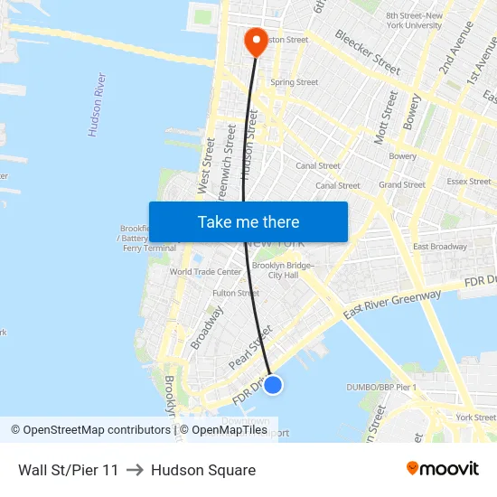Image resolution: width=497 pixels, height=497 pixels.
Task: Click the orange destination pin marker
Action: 255,38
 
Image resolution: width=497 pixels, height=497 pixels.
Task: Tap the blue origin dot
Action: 273,385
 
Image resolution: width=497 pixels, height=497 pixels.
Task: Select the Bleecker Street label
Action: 367,52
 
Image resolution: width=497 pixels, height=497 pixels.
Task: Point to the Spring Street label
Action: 294,82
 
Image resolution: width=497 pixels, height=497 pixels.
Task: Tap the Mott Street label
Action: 385,116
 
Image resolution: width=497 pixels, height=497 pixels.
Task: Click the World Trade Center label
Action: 206,271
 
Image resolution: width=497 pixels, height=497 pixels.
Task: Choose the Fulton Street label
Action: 236,293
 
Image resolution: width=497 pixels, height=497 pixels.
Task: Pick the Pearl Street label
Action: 250,347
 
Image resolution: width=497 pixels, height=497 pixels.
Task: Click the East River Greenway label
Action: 391,305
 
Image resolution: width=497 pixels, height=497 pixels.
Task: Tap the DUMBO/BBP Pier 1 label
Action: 381,387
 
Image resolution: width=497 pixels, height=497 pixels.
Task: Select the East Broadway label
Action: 439,247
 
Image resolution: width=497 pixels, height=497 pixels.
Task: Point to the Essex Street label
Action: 468,181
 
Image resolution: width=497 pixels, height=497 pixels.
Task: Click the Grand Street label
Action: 402,184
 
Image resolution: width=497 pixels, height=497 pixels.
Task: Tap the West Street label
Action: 205,165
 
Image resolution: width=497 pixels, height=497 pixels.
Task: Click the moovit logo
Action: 443,469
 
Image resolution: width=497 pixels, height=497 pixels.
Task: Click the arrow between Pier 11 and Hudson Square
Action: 135,470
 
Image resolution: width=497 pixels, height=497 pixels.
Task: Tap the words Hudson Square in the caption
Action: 203,470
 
